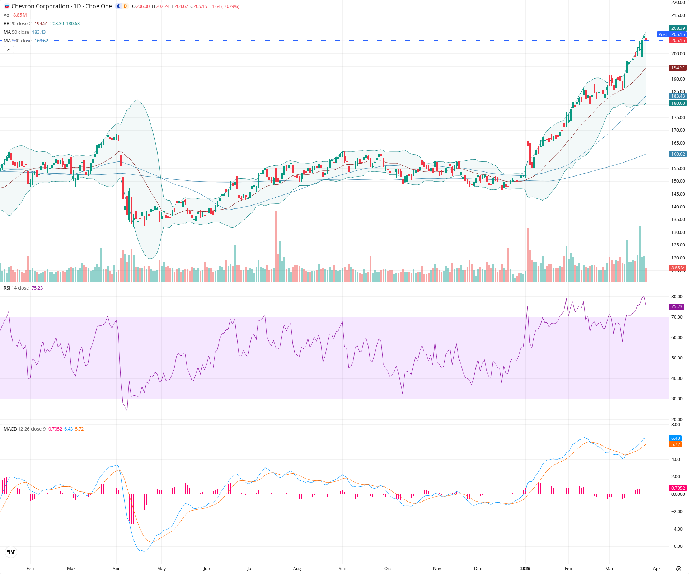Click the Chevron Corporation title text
(x=40, y=6)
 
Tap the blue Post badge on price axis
(x=662, y=34)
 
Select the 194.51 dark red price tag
(x=678, y=67)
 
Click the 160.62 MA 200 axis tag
(x=678, y=154)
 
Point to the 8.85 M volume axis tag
(x=678, y=268)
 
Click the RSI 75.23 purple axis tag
(x=677, y=307)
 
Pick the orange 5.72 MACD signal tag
(x=676, y=444)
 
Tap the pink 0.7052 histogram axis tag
(x=678, y=488)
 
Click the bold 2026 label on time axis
(x=525, y=569)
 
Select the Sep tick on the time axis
(x=342, y=569)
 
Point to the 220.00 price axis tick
(x=678, y=3)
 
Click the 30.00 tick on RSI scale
(x=677, y=399)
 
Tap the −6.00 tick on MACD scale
(x=677, y=546)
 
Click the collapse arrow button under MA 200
(x=9, y=50)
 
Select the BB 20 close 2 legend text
(x=18, y=24)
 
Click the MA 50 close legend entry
(x=17, y=32)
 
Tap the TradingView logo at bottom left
(x=11, y=552)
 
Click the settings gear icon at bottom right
(x=678, y=569)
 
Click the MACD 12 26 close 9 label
(x=24, y=429)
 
